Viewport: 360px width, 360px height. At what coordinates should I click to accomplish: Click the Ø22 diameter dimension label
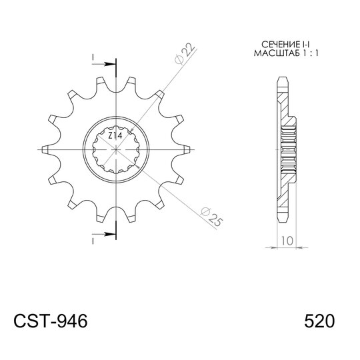pos(185,53)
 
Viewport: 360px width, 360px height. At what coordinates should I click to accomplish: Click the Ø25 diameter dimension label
pos(211,217)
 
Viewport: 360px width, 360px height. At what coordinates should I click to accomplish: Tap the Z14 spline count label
pos(115,136)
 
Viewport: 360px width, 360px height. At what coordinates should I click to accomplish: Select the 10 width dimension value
pos(287,241)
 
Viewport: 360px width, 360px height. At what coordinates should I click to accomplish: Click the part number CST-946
pos(51,321)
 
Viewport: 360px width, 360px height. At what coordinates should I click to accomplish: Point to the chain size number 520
pos(319,321)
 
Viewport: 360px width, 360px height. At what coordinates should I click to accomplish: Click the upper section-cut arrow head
pos(109,64)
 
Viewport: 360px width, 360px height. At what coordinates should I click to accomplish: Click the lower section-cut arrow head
pos(109,234)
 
